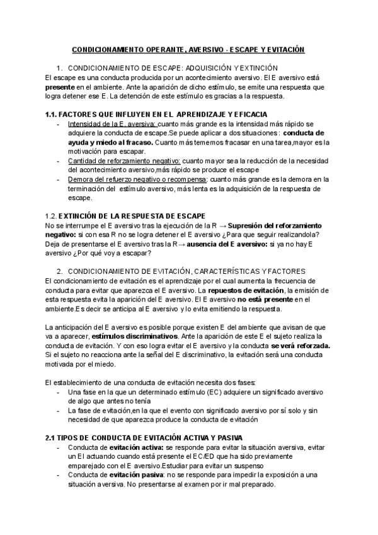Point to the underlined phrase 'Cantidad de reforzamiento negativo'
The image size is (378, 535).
tap(122, 161)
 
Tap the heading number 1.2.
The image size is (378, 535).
tap(55, 216)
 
